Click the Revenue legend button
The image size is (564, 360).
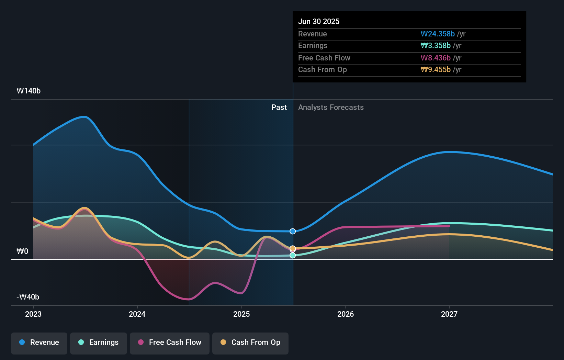point(39,343)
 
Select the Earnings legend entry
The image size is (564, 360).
point(98,343)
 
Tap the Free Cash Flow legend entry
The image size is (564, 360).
point(169,343)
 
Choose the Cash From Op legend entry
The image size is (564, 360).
point(250,343)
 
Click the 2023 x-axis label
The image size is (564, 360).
point(33,314)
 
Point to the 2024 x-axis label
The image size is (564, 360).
point(137,314)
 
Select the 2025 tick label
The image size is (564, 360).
point(241,314)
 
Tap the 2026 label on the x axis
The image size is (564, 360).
point(346,314)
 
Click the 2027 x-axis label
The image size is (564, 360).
point(449,314)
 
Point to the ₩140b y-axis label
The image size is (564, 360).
point(29,91)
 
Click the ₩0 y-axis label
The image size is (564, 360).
point(22,251)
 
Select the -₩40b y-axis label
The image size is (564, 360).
point(28,297)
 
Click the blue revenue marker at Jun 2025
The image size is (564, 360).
point(293,232)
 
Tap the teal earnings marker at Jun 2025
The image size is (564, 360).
point(293,256)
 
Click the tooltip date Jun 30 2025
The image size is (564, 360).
point(319,22)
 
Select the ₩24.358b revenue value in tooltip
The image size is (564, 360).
point(438,34)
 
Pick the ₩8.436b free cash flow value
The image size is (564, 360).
point(436,58)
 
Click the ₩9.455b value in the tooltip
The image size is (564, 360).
point(436,70)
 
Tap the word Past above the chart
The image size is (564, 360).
point(279,108)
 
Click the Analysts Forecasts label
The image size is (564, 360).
point(331,108)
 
